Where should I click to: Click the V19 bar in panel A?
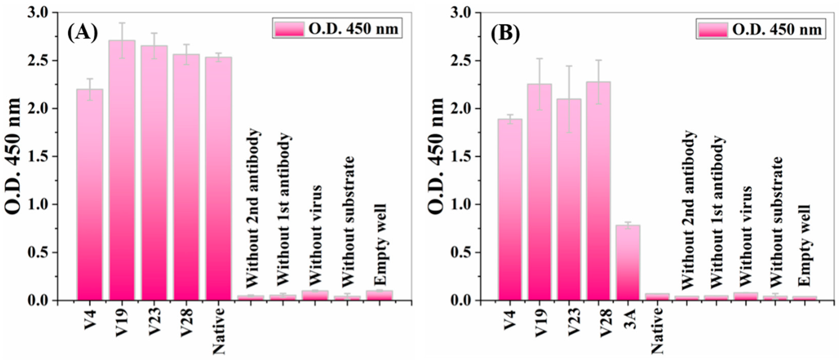122,171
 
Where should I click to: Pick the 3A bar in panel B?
628,263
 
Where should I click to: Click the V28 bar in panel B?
598,191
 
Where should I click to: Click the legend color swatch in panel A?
288,29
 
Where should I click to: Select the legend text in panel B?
777,30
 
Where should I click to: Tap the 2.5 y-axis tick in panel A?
46,61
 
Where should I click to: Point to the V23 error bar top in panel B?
569,66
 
